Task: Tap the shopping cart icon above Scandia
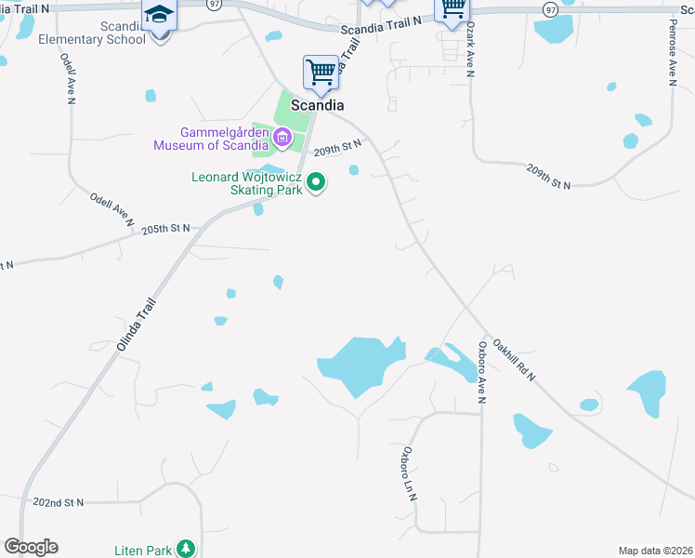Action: click(x=321, y=72)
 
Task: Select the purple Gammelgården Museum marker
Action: click(x=282, y=139)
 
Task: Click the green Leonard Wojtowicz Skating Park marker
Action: click(x=316, y=182)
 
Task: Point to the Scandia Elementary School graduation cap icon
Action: click(x=159, y=15)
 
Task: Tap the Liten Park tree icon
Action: click(x=188, y=549)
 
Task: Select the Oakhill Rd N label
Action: click(x=515, y=359)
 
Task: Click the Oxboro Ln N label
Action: click(x=408, y=475)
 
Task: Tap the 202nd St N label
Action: click(x=58, y=502)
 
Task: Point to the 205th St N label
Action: click(x=165, y=228)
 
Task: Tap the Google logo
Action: click(x=31, y=547)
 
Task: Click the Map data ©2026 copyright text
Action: click(x=655, y=551)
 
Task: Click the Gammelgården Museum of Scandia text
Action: click(x=211, y=139)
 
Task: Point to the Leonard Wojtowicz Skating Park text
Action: click(x=247, y=183)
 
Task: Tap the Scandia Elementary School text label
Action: click(x=91, y=33)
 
